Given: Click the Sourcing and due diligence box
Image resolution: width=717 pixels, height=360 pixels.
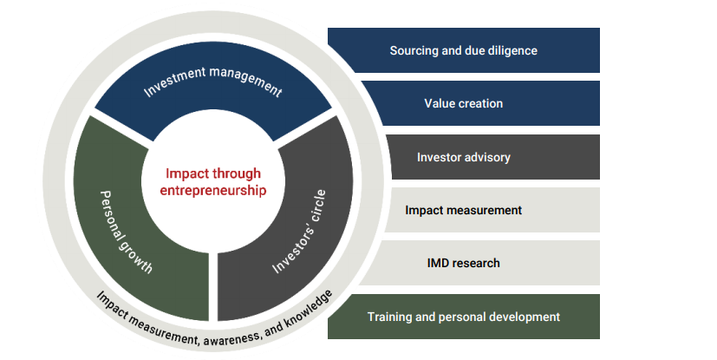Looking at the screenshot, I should pos(463,50).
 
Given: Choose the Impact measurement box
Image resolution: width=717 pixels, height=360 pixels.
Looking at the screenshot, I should pos(491,210).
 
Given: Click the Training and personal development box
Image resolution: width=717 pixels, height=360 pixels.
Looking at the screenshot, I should pos(463,317).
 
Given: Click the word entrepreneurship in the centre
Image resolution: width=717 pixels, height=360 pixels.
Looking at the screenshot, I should pos(212,189).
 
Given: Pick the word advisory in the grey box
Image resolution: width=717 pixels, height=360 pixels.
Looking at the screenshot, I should pos(486,157).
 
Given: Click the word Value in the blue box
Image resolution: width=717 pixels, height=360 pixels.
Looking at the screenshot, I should pos(440,103).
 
